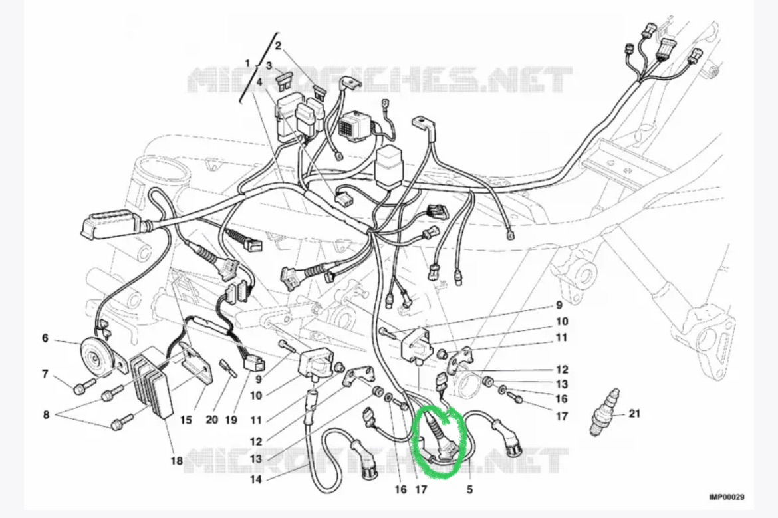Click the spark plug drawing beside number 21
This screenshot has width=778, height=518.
coord(604,412)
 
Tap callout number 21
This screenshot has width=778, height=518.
coord(634,413)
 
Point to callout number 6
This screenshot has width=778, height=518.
coord(45,338)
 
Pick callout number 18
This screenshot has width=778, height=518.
coord(177,461)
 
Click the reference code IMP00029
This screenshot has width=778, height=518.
coord(726,497)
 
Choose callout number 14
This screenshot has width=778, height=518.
coord(255,479)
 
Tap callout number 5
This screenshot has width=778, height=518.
coord(469,489)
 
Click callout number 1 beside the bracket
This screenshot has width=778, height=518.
coord(247,63)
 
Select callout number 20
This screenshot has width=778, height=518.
coord(212,420)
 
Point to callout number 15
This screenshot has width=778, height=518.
coord(186,420)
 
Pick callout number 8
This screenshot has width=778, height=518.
coord(46,414)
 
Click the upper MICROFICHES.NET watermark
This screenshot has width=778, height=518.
coord(380,79)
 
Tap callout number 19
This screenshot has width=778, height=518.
coord(231,420)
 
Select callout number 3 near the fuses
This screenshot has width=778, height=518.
coord(269,65)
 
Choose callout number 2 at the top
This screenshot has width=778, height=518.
coord(278,46)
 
